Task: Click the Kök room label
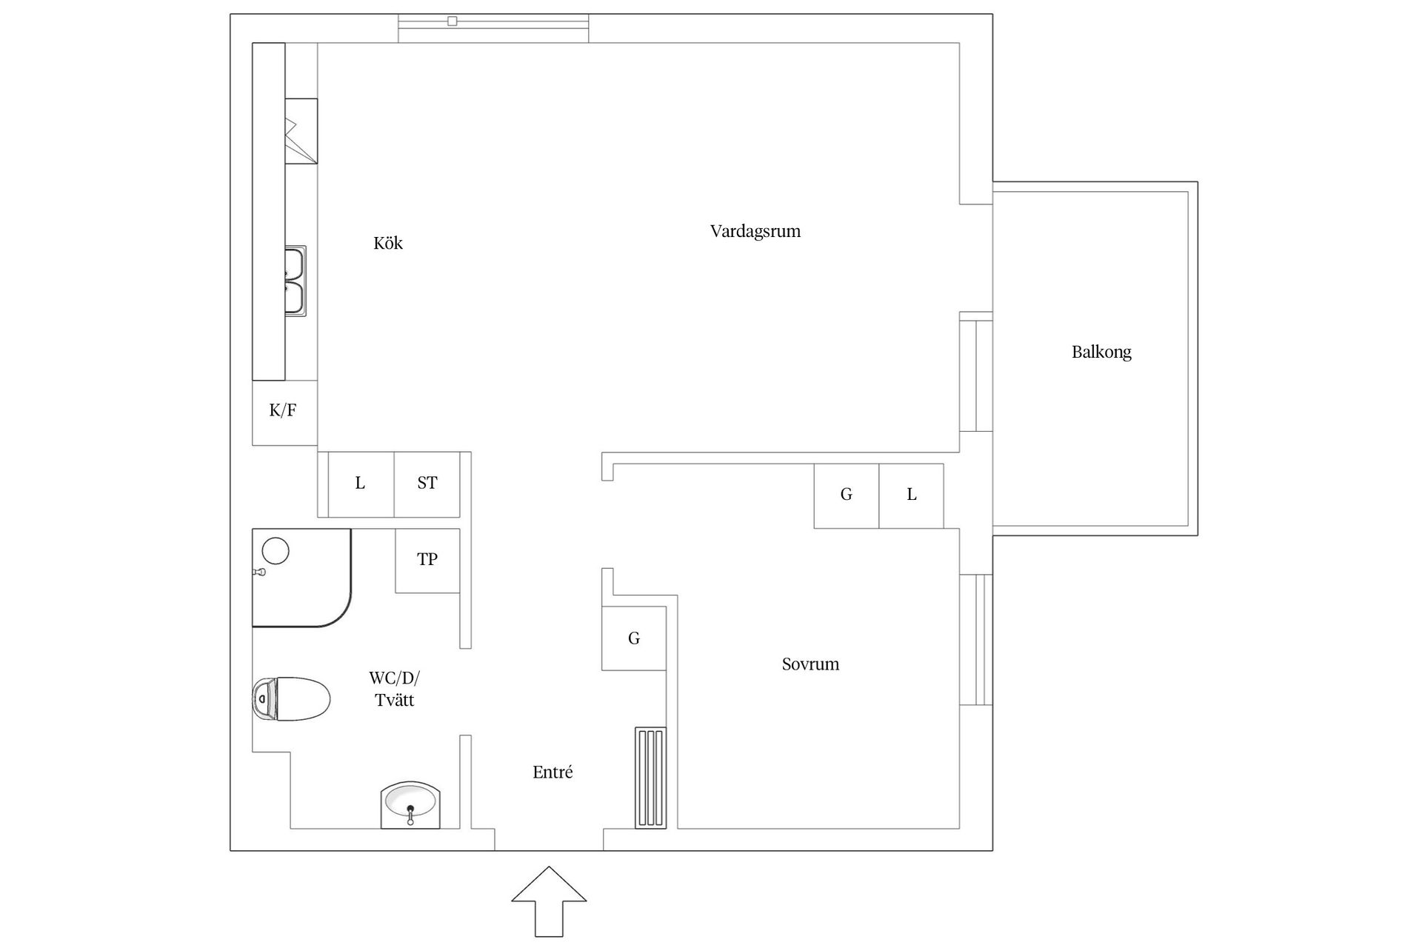click(x=387, y=243)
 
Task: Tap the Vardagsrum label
click(x=755, y=231)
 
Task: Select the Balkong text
click(x=1101, y=352)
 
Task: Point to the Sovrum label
click(x=810, y=664)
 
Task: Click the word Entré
click(x=553, y=772)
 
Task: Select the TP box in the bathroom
click(x=427, y=560)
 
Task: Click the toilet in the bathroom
click(x=292, y=698)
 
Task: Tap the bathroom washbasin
click(x=410, y=805)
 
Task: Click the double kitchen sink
click(x=296, y=281)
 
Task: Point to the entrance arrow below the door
click(x=549, y=900)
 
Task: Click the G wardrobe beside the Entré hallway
click(x=633, y=638)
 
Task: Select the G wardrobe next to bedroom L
click(x=846, y=495)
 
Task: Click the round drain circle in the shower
click(x=276, y=551)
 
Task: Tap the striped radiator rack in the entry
click(x=650, y=778)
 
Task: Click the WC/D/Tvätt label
click(x=394, y=689)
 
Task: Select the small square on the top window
click(x=452, y=21)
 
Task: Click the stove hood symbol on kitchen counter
click(x=301, y=131)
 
